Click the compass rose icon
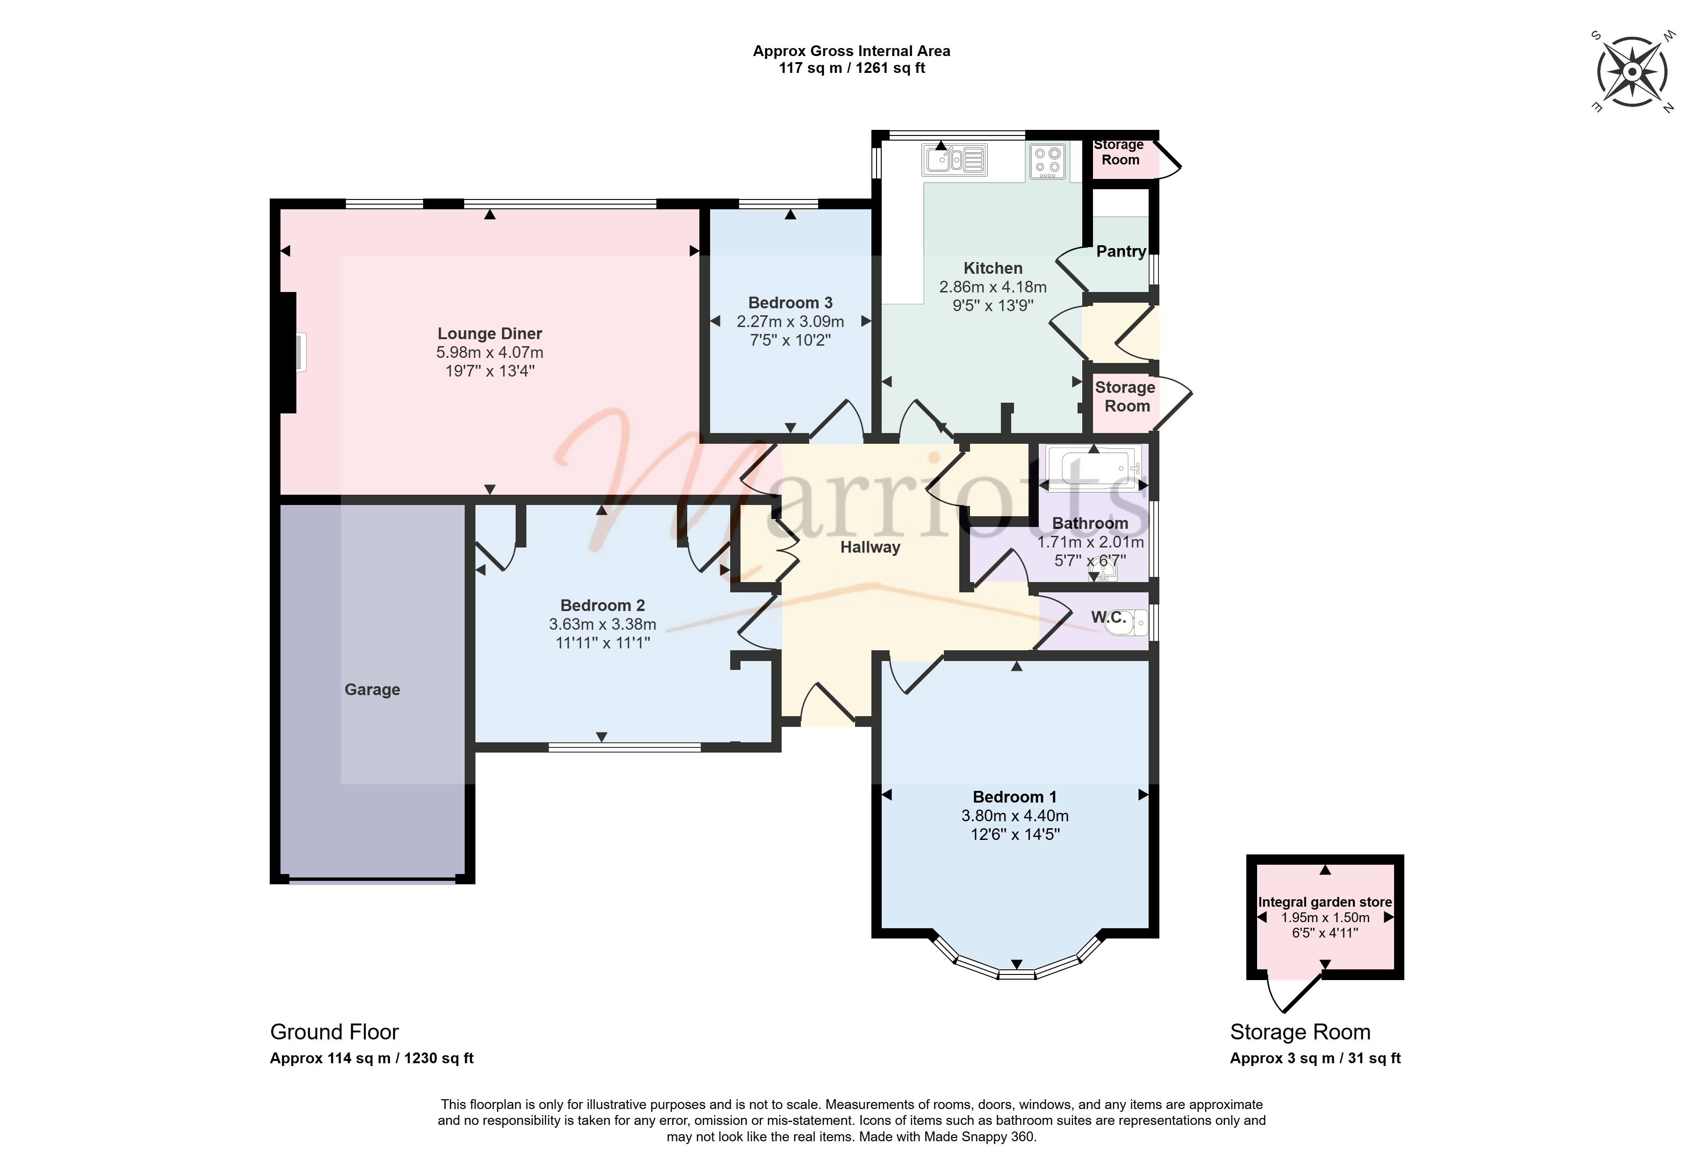pos(1632,72)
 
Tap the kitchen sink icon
pos(955,160)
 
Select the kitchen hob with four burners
pos(1048,161)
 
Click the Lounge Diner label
pos(490,334)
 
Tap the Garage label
pos(373,690)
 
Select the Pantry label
pos(1121,251)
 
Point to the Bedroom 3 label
pos(791,303)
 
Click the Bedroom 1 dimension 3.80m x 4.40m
pos(1015,816)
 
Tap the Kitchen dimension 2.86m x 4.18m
pos(993,287)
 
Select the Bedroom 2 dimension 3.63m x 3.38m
pos(603,625)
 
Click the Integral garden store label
pos(1325,902)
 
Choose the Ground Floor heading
pos(334,1032)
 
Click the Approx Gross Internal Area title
pos(852,51)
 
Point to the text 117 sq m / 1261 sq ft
pos(852,68)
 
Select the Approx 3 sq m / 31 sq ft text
pos(1316,1058)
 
